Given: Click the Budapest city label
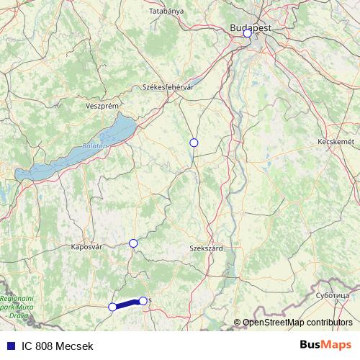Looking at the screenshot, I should pyautogui.click(x=251, y=26).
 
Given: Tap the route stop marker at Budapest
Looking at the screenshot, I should pyautogui.click(x=247, y=33).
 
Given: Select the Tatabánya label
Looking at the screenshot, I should pyautogui.click(x=166, y=11).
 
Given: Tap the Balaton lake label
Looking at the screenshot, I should pyautogui.click(x=94, y=145).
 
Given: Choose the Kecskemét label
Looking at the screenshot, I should pyautogui.click(x=336, y=142).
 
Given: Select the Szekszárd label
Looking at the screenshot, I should pyautogui.click(x=206, y=247).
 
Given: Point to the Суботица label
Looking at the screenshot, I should pyautogui.click(x=332, y=295).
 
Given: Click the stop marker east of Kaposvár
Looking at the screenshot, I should pyautogui.click(x=133, y=243).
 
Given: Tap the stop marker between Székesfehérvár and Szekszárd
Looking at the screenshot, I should pyautogui.click(x=193, y=143).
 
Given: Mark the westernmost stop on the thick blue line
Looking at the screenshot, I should pyautogui.click(x=112, y=307).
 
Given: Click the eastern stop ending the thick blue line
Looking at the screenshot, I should pyautogui.click(x=143, y=300).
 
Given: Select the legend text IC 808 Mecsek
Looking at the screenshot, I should pyautogui.click(x=57, y=346).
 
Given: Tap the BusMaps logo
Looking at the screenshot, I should pyautogui.click(x=325, y=346).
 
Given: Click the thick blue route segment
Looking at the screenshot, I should pyautogui.click(x=127, y=304).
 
